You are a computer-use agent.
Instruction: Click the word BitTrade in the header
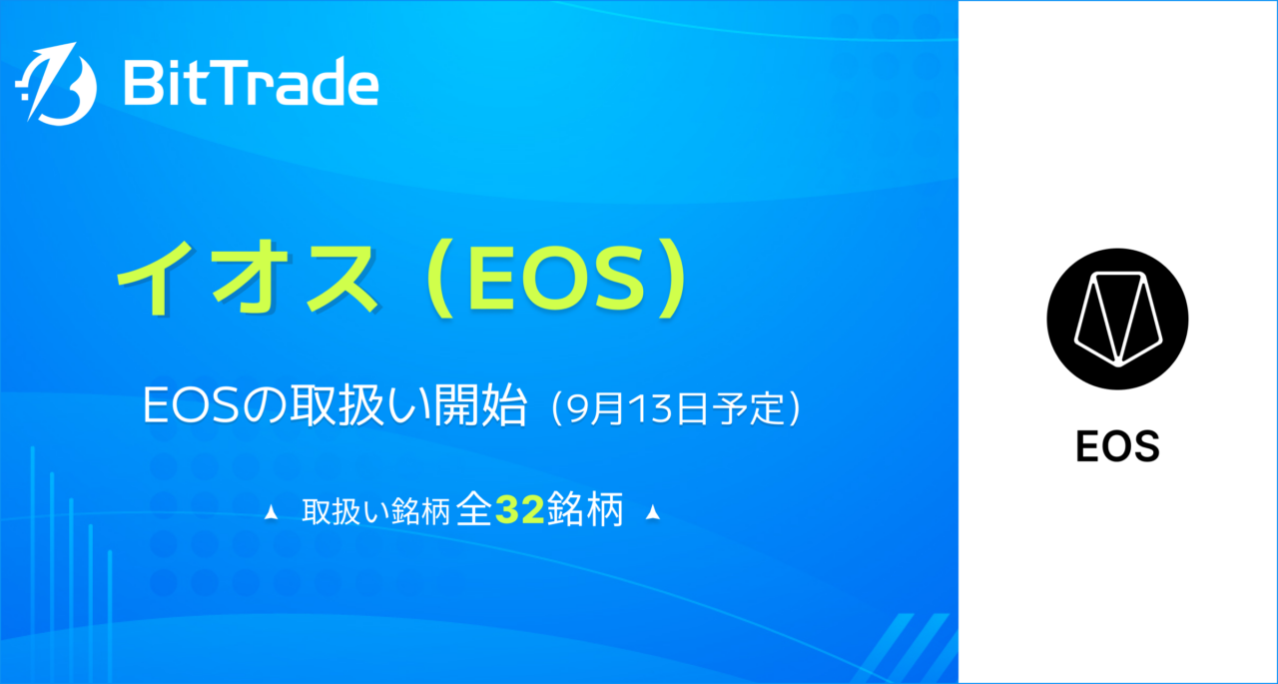pos(251,85)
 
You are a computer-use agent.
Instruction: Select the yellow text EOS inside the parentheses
pos(545,282)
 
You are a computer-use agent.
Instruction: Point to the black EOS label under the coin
pos(1117,447)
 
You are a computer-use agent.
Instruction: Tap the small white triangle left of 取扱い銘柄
pos(270,514)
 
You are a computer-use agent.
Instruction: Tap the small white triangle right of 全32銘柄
pos(653,514)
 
